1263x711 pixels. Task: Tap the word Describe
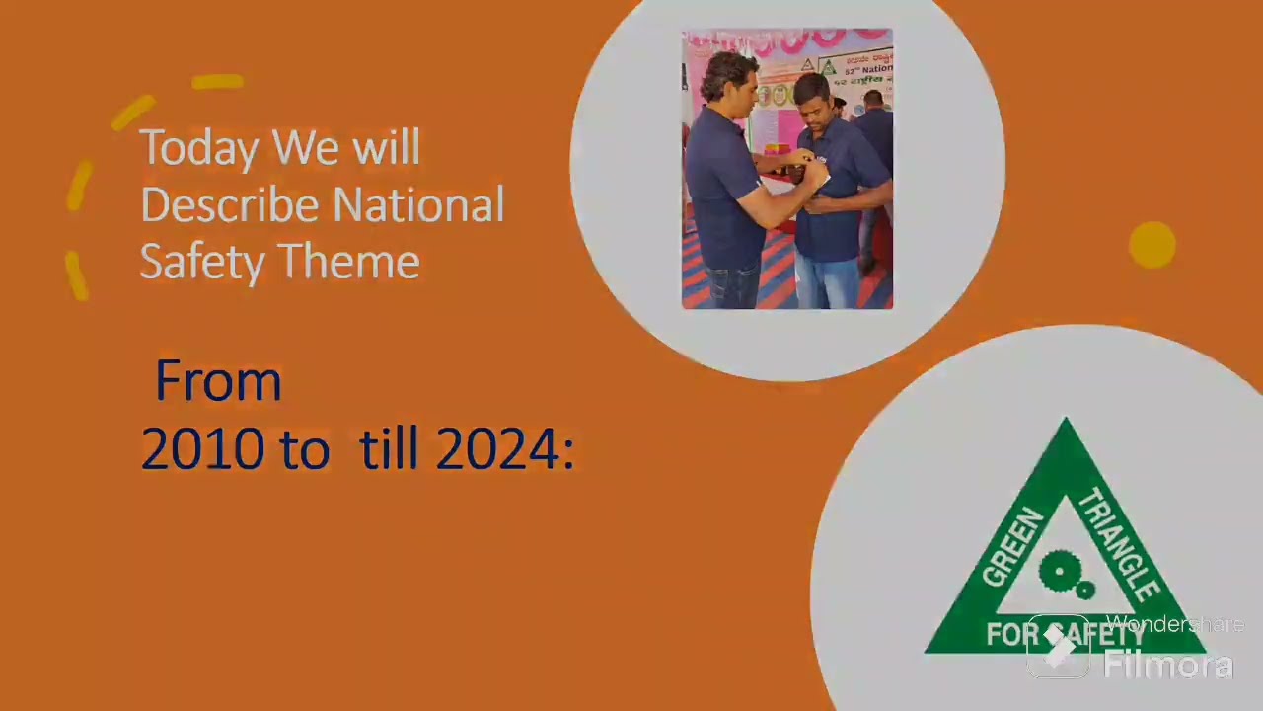(x=229, y=205)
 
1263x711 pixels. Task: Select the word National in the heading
(x=418, y=205)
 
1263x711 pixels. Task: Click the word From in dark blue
(x=218, y=381)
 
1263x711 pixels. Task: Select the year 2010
(x=202, y=450)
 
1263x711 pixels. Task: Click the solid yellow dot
(x=1152, y=245)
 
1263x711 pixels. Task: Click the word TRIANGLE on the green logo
(x=1119, y=544)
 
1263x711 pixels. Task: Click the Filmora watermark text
(x=1168, y=665)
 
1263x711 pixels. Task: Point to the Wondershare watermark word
(x=1174, y=624)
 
